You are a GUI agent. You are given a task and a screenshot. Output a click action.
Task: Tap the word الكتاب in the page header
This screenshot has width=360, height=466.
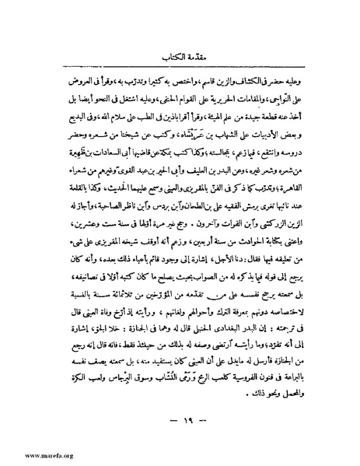[168, 56]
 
